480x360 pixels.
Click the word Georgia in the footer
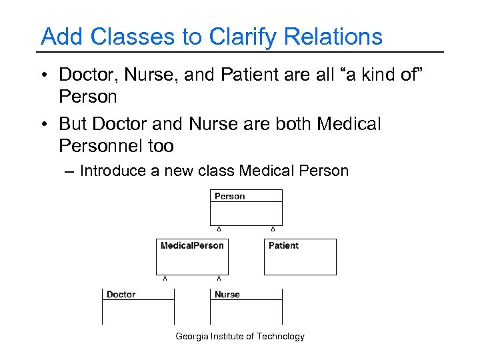(192, 336)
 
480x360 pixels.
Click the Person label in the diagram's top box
(230, 197)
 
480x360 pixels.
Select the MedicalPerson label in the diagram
(192, 245)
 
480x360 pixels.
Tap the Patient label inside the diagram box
(283, 245)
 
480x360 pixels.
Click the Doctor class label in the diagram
(121, 294)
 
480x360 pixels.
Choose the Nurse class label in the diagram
(227, 294)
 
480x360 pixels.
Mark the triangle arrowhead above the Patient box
(273, 229)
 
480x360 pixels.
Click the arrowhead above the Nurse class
(219, 278)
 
